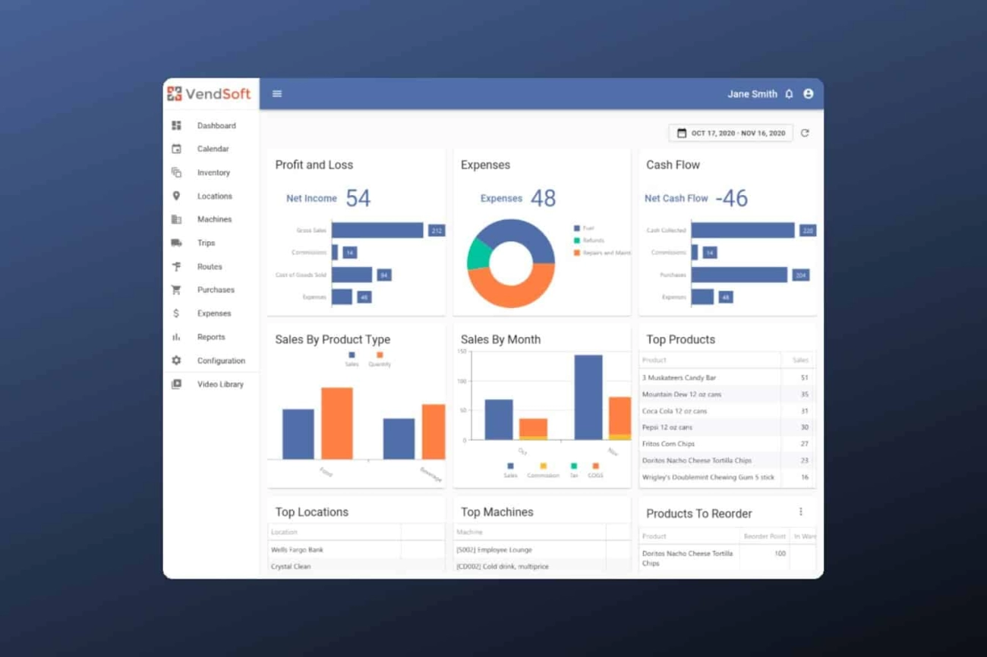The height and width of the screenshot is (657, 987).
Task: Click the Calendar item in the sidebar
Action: pyautogui.click(x=213, y=149)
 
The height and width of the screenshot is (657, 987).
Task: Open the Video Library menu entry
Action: pyautogui.click(x=220, y=385)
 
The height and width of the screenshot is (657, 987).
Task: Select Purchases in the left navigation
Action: pyautogui.click(x=216, y=290)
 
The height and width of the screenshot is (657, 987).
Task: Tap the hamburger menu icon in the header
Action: pyautogui.click(x=277, y=94)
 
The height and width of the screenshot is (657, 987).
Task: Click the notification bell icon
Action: pyautogui.click(x=789, y=94)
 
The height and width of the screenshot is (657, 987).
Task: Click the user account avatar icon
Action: pyautogui.click(x=809, y=94)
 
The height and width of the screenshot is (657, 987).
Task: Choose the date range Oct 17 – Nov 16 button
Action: pyautogui.click(x=730, y=134)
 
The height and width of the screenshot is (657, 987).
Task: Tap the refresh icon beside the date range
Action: pyautogui.click(x=805, y=134)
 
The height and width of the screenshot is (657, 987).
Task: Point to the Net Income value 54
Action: pyautogui.click(x=358, y=199)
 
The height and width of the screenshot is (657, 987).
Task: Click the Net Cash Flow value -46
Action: pyautogui.click(x=732, y=199)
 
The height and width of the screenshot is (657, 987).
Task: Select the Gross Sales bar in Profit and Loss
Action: pyautogui.click(x=377, y=230)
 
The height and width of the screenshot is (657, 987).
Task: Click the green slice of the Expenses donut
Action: pyautogui.click(x=477, y=254)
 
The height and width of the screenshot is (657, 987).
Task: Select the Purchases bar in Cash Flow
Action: pyautogui.click(x=739, y=275)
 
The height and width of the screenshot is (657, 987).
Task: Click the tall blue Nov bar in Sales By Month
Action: pyautogui.click(x=588, y=397)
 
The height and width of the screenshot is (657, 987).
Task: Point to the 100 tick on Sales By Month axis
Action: pyautogui.click(x=462, y=381)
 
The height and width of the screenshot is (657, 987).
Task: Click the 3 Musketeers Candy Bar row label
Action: pyautogui.click(x=679, y=378)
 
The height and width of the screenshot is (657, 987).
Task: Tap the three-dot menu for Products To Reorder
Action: pyautogui.click(x=800, y=512)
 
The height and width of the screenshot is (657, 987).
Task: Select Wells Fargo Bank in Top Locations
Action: pyautogui.click(x=297, y=550)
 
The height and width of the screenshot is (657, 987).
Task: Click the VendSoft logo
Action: pyautogui.click(x=210, y=94)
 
